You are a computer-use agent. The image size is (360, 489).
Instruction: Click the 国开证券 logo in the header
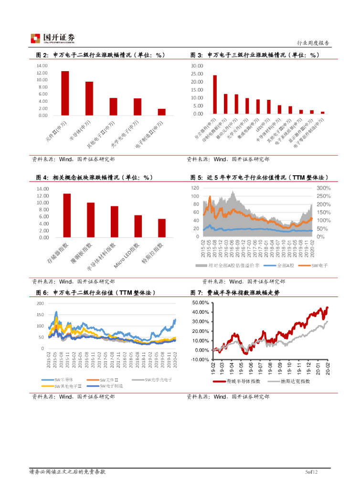coord(53,38)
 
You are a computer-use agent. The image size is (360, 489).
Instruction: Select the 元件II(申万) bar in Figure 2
coord(65,93)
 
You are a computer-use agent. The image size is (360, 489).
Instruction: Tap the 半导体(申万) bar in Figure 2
coord(89,98)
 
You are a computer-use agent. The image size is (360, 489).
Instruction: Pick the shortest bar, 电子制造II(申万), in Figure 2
coord(162,112)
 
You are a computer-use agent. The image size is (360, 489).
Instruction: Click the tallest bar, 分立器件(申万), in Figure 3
coord(215,95)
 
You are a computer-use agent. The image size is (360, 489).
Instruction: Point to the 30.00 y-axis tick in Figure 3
coord(197,66)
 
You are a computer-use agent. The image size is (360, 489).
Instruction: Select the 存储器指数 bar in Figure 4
coord(67,215)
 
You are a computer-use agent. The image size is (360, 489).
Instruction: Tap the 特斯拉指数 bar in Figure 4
coord(162,228)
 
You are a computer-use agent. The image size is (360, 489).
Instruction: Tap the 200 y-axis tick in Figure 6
coord(40,303)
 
